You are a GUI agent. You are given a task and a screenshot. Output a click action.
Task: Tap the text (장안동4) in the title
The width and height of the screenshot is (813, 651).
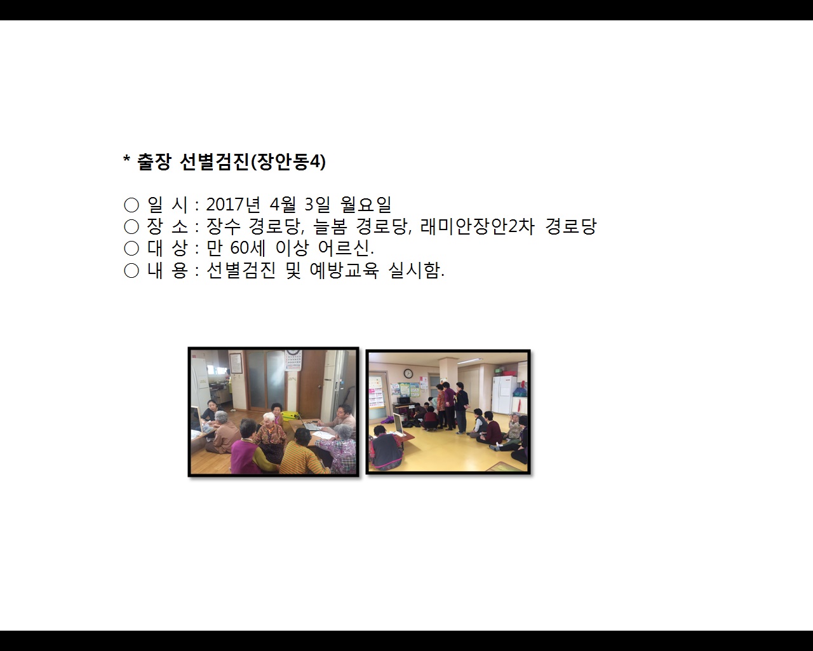pos(288,162)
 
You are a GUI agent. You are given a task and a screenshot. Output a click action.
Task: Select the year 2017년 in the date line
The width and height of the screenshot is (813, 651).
pos(233,205)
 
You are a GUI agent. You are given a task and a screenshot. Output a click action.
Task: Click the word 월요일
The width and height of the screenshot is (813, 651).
pos(366,205)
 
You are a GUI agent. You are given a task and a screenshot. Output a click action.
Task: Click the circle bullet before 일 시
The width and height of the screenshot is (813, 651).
pos(131,205)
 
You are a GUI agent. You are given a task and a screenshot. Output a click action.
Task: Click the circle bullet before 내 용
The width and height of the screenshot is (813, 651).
pos(131,271)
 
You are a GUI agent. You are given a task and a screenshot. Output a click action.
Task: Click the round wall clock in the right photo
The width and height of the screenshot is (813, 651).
pos(408,374)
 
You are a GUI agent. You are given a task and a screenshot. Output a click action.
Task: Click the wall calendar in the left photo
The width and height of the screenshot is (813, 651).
pos(293,360)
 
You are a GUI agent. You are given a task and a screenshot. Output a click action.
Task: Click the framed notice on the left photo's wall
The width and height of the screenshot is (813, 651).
pos(236,363)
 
